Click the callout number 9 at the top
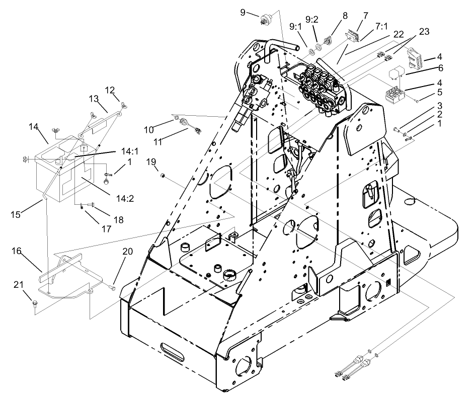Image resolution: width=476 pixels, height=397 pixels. point(243,12)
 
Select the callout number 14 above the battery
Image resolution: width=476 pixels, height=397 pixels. point(34,128)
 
